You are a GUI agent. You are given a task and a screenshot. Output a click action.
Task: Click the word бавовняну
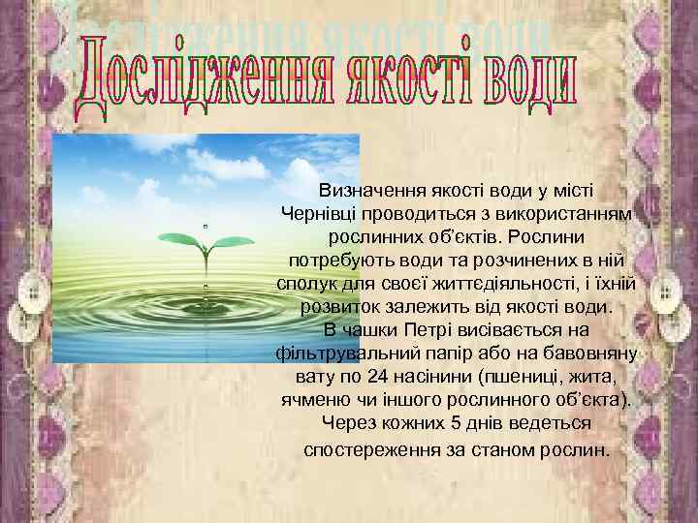coord(581,354)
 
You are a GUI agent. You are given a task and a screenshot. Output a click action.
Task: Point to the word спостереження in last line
coord(364,450)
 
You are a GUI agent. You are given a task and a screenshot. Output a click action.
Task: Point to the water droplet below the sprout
coord(205,287)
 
